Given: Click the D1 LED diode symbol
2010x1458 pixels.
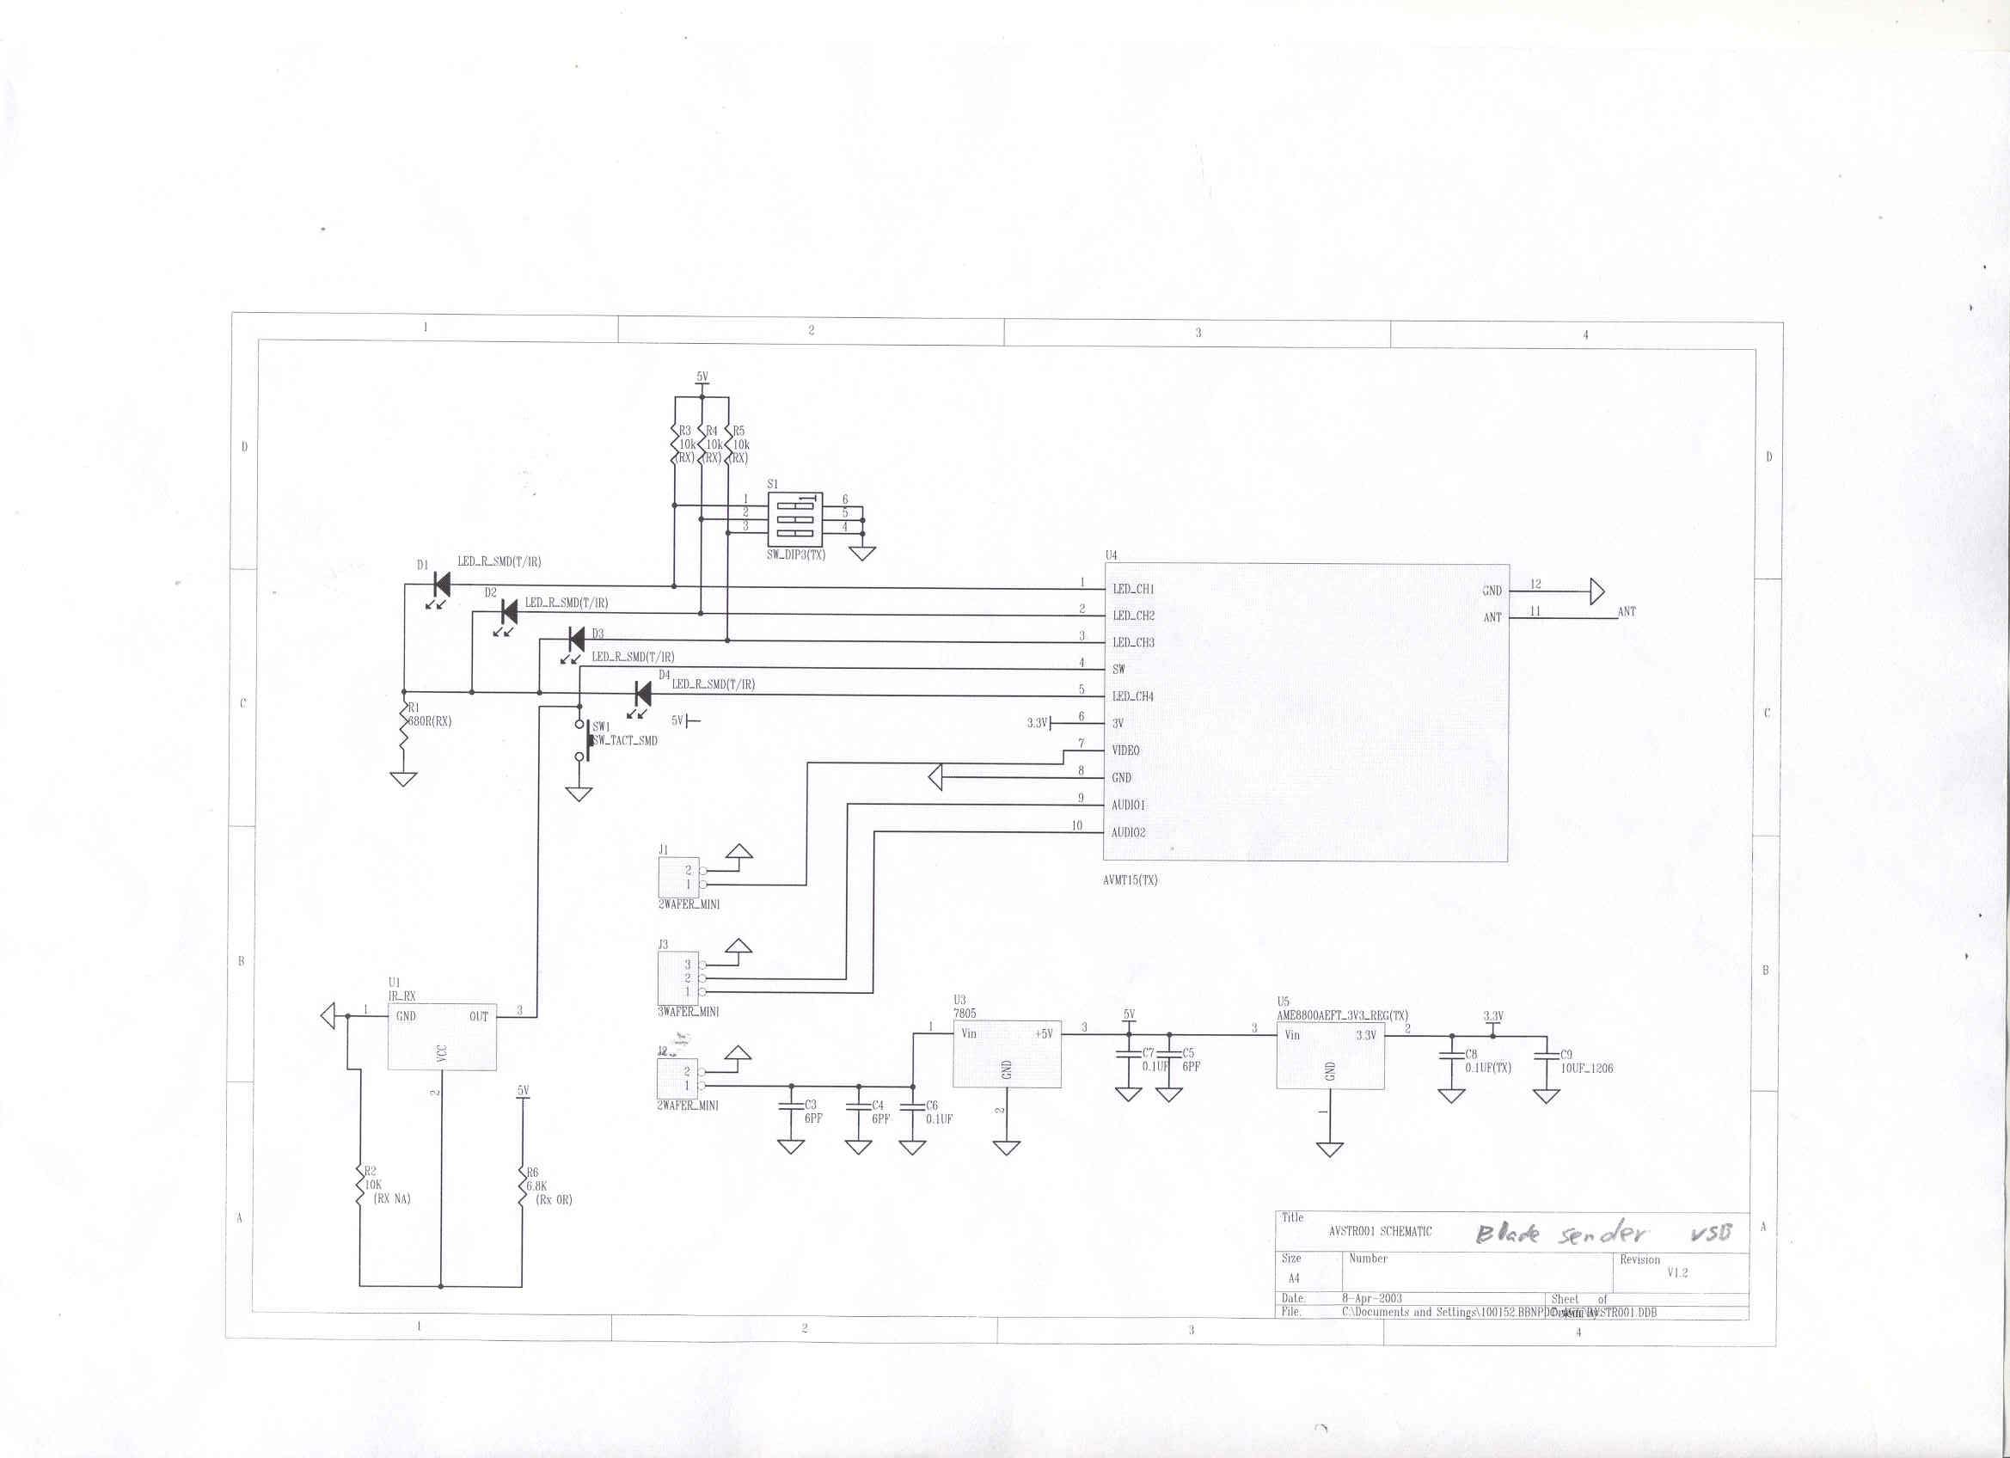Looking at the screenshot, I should pyautogui.click(x=441, y=585).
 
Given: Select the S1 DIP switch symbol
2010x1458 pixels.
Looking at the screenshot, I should pyautogui.click(x=794, y=518).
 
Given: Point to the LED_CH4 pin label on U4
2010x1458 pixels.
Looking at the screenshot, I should pyautogui.click(x=1133, y=695).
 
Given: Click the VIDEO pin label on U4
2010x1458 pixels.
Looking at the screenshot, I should pyautogui.click(x=1125, y=750).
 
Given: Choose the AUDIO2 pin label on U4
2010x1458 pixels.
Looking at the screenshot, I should pyautogui.click(x=1128, y=832).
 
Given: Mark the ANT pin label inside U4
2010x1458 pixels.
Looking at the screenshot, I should pyautogui.click(x=1492, y=617).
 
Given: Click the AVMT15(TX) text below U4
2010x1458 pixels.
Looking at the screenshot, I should pyautogui.click(x=1130, y=880).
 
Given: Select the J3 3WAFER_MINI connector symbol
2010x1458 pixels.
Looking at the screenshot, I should pyautogui.click(x=677, y=977).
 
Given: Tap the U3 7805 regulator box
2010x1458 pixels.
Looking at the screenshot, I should pyautogui.click(x=1007, y=1054).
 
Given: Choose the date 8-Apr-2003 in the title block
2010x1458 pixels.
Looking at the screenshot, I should pyautogui.click(x=1372, y=1297).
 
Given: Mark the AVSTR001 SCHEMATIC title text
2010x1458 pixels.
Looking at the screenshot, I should pyautogui.click(x=1379, y=1231).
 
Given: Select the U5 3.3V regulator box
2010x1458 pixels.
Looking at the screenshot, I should pyautogui.click(x=1329, y=1057).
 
